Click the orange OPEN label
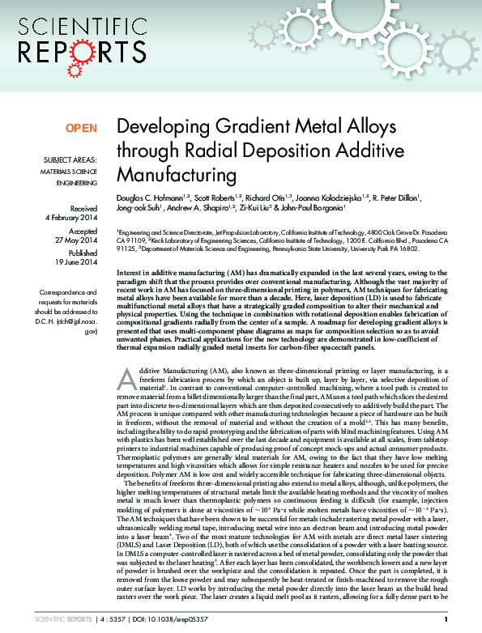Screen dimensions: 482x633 pyautogui.click(x=81, y=128)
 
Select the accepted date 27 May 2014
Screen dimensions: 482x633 pyautogui.click(x=77, y=241)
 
